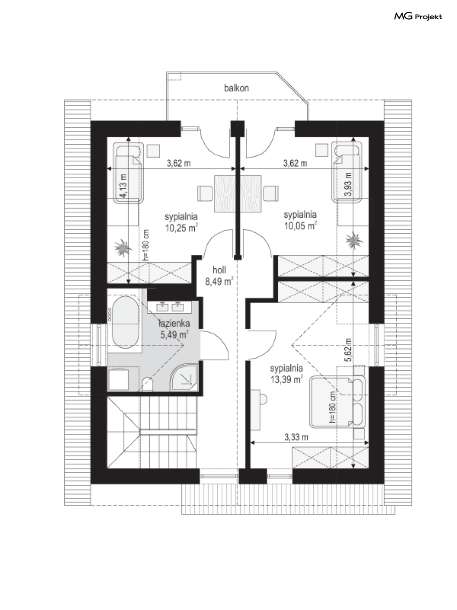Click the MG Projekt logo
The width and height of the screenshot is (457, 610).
click(x=418, y=17)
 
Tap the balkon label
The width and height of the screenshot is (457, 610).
click(x=237, y=88)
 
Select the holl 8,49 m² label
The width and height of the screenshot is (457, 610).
click(x=219, y=276)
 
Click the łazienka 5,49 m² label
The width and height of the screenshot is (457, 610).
click(x=174, y=329)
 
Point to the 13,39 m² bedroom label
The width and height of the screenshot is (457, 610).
click(x=287, y=374)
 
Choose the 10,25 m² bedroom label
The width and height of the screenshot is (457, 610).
click(x=181, y=222)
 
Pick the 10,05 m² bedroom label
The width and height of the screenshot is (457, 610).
click(x=300, y=220)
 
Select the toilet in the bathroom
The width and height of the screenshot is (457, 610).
click(x=147, y=384)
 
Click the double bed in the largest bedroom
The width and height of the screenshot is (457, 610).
click(x=337, y=401)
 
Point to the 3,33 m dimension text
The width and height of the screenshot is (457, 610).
click(x=296, y=437)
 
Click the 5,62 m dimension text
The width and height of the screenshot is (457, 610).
click(x=348, y=350)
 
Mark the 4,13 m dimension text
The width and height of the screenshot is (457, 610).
click(x=124, y=186)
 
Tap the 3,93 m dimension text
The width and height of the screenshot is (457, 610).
click(x=348, y=184)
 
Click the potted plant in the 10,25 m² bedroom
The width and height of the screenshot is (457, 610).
click(x=123, y=247)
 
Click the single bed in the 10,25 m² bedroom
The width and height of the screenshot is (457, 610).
click(x=129, y=172)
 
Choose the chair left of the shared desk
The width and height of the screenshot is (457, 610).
click(x=205, y=193)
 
